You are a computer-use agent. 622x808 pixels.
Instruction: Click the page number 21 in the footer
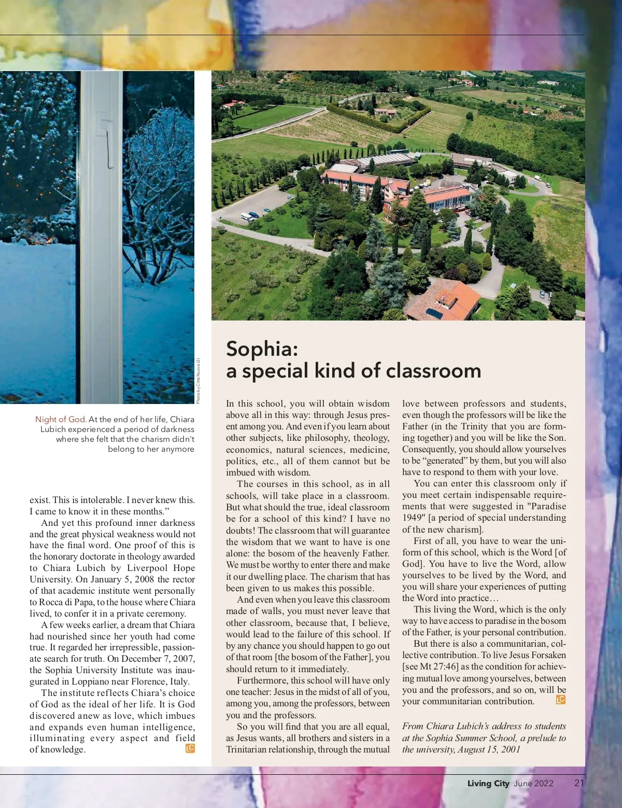pyautogui.click(x=579, y=783)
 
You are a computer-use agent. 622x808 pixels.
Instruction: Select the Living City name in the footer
pyautogui.click(x=488, y=783)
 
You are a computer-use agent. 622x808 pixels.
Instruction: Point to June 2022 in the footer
pyautogui.click(x=533, y=783)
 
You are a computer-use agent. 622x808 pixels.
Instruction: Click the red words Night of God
pyautogui.click(x=61, y=419)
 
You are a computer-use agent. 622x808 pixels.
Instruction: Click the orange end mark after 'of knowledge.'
pyautogui.click(x=190, y=748)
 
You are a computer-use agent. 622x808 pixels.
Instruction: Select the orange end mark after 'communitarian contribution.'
pyautogui.click(x=560, y=700)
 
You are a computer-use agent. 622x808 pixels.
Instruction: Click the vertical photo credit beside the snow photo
pyautogui.click(x=198, y=381)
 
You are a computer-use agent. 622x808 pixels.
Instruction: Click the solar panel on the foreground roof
pyautogui.click(x=434, y=313)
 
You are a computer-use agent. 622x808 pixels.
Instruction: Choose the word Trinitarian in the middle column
pyautogui.click(x=251, y=749)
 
